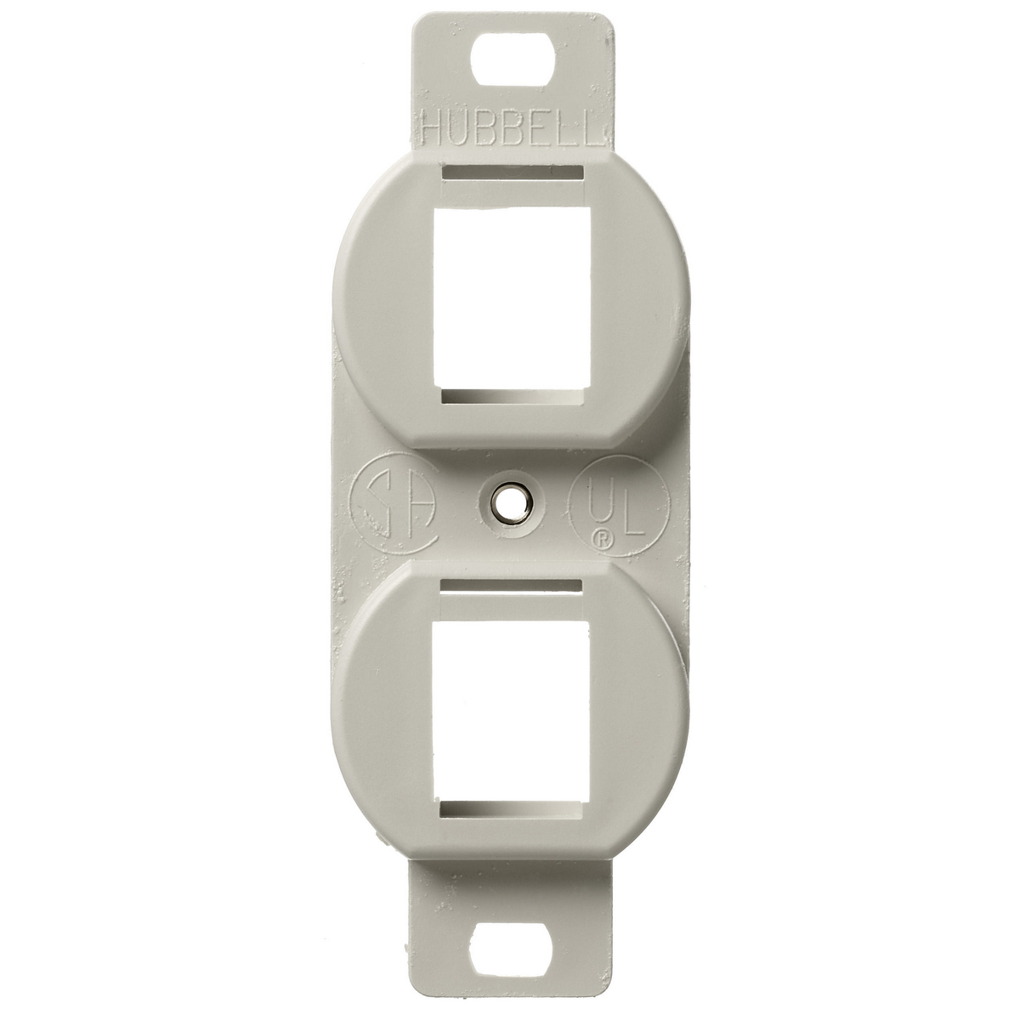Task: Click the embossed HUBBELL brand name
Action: coord(513,127)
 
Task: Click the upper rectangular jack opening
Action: coord(513,299)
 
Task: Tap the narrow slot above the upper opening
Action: coord(512,173)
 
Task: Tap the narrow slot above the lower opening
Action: coord(512,586)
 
